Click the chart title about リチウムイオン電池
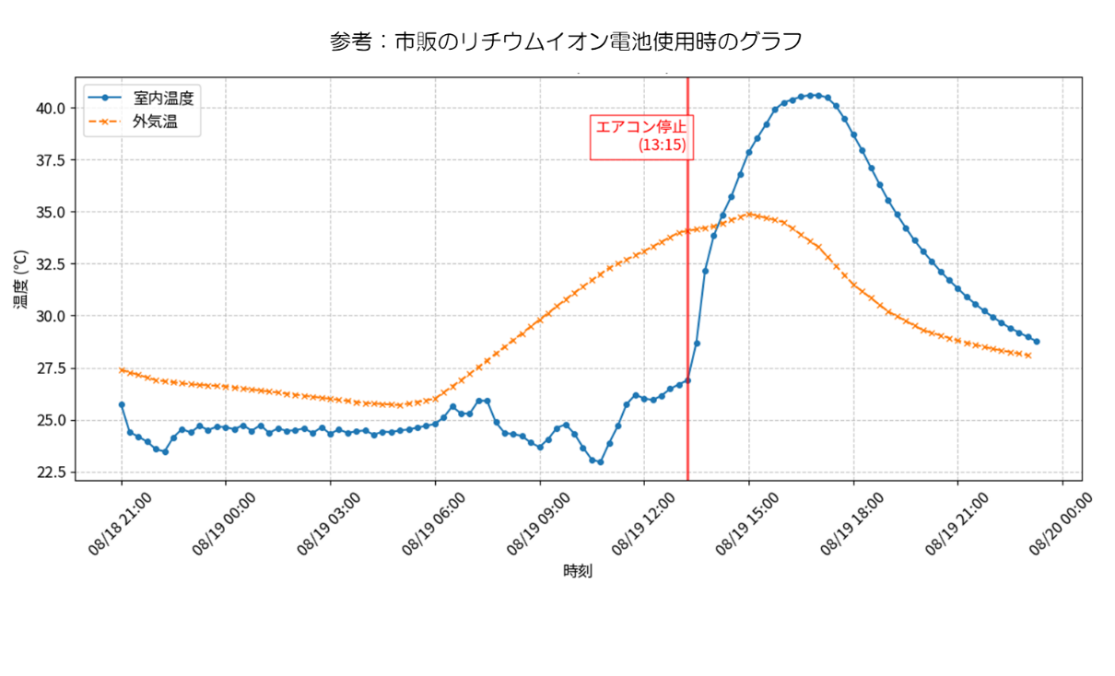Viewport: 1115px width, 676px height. click(x=566, y=41)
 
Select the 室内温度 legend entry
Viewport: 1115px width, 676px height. click(x=141, y=98)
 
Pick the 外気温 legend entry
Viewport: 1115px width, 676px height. click(x=133, y=122)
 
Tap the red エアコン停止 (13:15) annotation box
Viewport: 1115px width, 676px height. click(x=641, y=137)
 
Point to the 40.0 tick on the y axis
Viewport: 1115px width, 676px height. click(x=51, y=109)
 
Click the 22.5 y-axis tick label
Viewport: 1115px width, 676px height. click(x=51, y=472)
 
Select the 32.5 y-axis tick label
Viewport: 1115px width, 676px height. click(x=51, y=264)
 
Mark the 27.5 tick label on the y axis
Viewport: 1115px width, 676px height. click(x=51, y=368)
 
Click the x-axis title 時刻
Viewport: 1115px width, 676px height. click(x=578, y=571)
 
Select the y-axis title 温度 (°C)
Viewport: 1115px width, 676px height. click(x=21, y=279)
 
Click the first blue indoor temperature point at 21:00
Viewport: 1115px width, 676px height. click(x=122, y=405)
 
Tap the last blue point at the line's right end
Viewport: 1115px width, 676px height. click(x=1037, y=342)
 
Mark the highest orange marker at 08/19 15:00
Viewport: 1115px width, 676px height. click(x=749, y=215)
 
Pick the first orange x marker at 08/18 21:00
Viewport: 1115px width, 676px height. click(x=122, y=370)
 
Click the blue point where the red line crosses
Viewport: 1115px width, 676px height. click(x=688, y=380)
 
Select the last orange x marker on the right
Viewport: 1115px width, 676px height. click(x=1028, y=355)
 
